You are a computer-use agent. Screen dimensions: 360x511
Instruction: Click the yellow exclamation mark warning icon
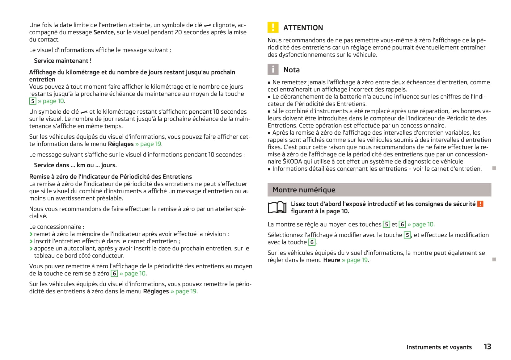pyautogui.click(x=273, y=27)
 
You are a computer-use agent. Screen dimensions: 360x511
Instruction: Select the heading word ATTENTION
pyautogui.click(x=303, y=28)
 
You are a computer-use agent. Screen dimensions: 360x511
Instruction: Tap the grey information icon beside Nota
pyautogui.click(x=273, y=69)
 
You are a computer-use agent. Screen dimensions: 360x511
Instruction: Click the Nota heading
pyautogui.click(x=291, y=70)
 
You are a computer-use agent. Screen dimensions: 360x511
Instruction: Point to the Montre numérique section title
pyautogui.click(x=304, y=190)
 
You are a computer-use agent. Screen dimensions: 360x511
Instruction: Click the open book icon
pyautogui.click(x=277, y=207)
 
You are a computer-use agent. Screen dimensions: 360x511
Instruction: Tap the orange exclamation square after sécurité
pyautogui.click(x=480, y=204)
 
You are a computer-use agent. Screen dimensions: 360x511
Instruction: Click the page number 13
pyautogui.click(x=487, y=347)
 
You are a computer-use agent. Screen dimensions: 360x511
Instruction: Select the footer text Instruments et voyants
pyautogui.click(x=439, y=347)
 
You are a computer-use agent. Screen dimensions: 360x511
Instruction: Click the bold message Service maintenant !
pyautogui.click(x=63, y=61)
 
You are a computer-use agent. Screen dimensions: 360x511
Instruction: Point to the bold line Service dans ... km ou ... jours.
pyautogui.click(x=75, y=165)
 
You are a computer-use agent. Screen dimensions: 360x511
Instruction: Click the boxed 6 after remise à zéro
pyautogui.click(x=114, y=274)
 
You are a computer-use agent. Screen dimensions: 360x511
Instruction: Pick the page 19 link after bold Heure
pyautogui.click(x=357, y=260)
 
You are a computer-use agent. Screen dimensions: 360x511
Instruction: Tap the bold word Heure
pyautogui.click(x=332, y=260)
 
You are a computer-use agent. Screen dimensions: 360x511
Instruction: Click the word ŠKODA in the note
pyautogui.click(x=292, y=161)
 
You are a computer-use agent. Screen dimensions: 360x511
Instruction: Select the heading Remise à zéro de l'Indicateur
pyautogui.click(x=110, y=177)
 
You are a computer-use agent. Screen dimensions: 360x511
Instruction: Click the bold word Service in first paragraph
pyautogui.click(x=103, y=32)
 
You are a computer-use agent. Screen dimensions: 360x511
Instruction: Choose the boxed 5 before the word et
pyautogui.click(x=386, y=224)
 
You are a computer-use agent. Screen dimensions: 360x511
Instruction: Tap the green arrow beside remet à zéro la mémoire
pyautogui.click(x=31, y=234)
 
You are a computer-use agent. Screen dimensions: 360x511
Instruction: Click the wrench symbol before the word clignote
pyautogui.click(x=208, y=25)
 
